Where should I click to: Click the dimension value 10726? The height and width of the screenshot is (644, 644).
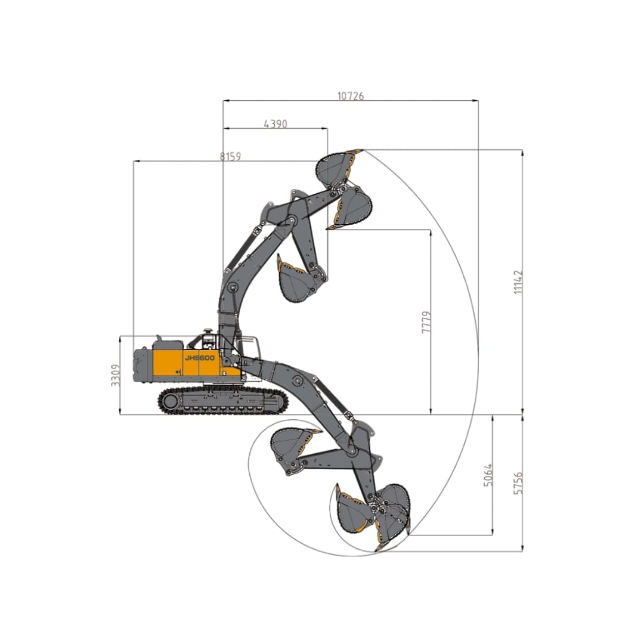point(351,96)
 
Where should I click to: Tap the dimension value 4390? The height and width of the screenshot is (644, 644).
point(275,123)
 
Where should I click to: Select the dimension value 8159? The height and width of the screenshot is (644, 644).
point(230,156)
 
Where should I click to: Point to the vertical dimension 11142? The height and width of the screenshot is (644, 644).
point(518,281)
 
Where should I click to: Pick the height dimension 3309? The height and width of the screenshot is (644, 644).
point(116,375)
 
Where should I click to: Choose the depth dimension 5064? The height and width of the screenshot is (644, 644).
point(488,475)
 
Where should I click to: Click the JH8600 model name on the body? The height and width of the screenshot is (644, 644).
point(200,358)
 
